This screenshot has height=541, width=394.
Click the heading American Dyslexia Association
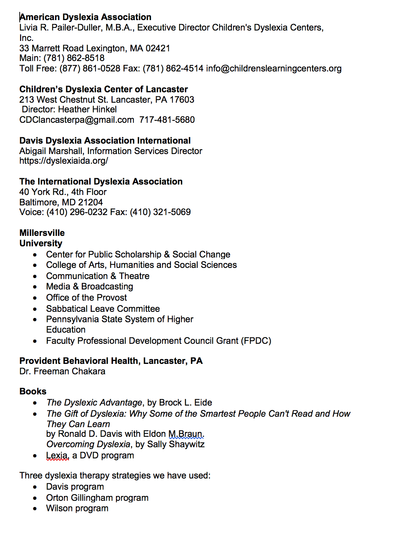[x=85, y=17]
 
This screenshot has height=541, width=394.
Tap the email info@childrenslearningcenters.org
[x=274, y=68]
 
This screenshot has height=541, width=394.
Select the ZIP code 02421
[x=158, y=48]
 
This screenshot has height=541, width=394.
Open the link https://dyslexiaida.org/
[x=64, y=161]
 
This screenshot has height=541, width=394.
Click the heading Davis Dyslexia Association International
[x=105, y=141]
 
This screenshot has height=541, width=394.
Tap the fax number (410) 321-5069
[x=160, y=212]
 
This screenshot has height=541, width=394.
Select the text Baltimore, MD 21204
[x=61, y=202]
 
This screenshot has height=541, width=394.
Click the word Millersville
[x=42, y=233]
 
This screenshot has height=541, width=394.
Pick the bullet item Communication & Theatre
[x=98, y=276]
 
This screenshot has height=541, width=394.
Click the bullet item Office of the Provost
[x=86, y=298]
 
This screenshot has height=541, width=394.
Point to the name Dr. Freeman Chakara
[x=62, y=371]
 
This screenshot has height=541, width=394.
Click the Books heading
[x=33, y=391]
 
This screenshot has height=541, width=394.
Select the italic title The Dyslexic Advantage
[x=94, y=403]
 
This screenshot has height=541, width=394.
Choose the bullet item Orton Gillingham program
[x=97, y=498]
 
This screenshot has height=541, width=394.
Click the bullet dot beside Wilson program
[x=35, y=509]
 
